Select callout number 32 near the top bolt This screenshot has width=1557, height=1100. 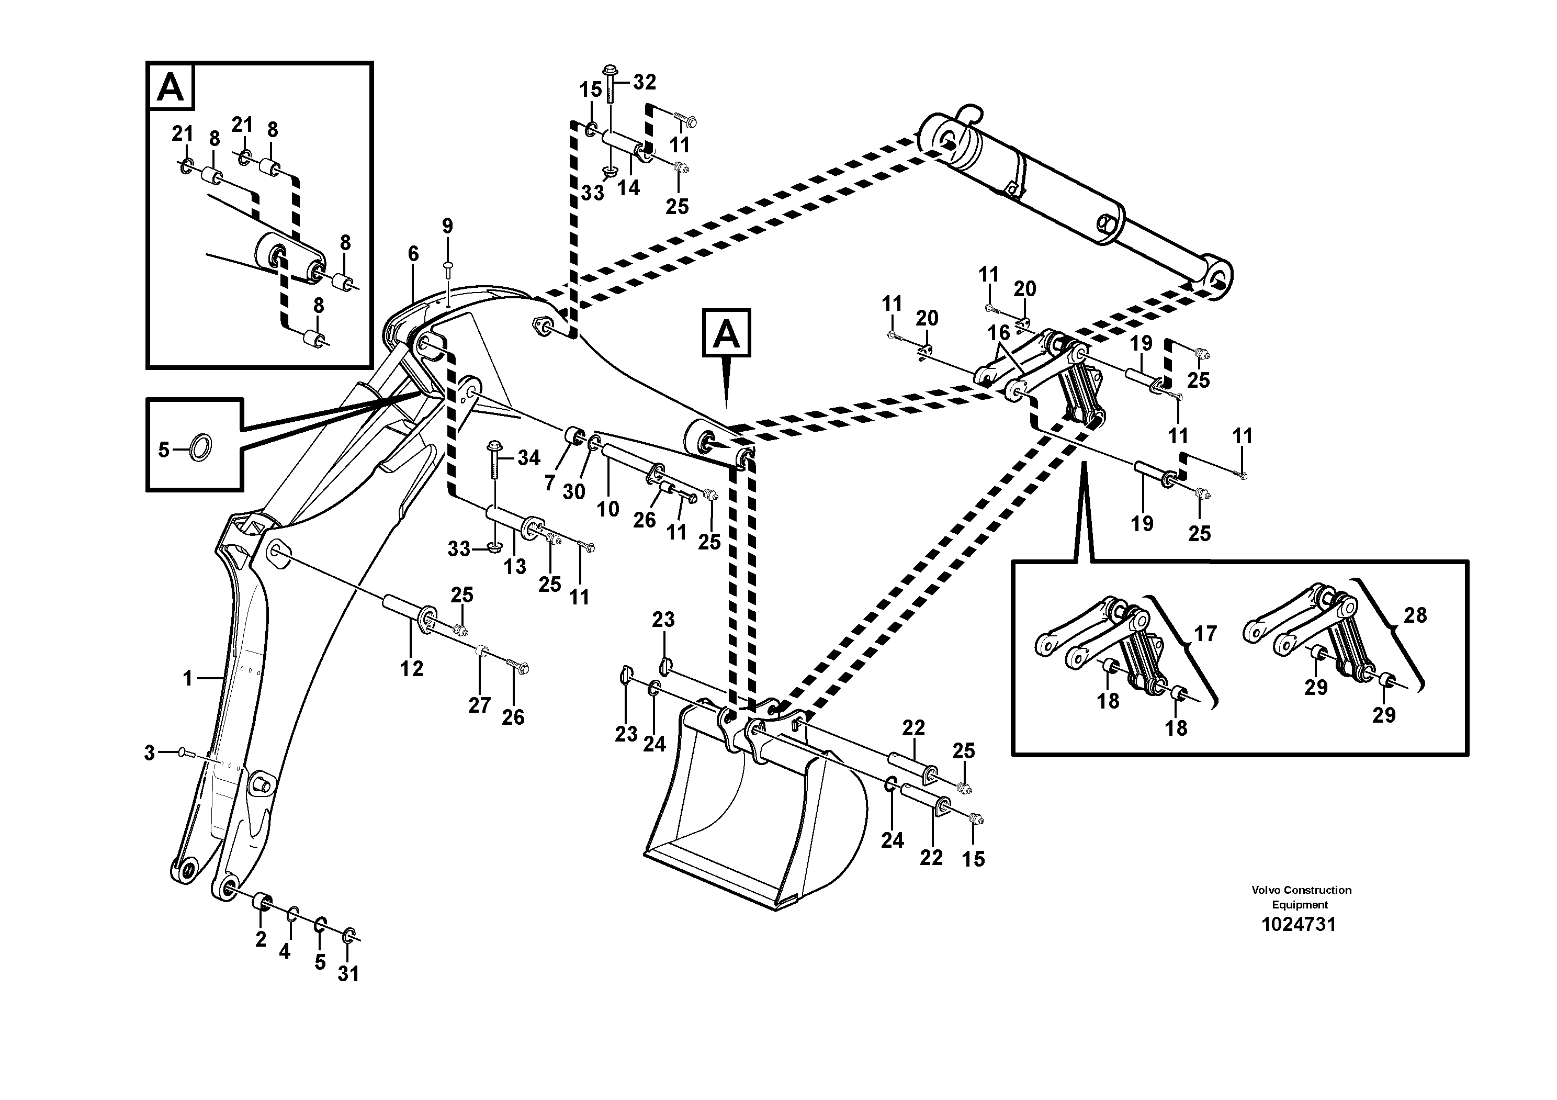[644, 82]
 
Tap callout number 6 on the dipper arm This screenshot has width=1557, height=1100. [413, 254]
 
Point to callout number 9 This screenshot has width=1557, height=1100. [447, 226]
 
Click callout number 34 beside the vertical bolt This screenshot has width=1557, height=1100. [528, 458]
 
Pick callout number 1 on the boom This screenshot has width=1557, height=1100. [188, 678]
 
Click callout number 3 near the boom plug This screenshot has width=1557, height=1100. [149, 753]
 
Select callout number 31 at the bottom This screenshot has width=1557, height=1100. [348, 974]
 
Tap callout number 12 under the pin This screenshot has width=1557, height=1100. [411, 669]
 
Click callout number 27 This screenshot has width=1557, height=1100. [479, 705]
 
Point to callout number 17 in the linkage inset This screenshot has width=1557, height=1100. [1204, 634]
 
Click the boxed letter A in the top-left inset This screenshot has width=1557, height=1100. [170, 87]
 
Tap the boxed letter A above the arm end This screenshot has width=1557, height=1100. [726, 333]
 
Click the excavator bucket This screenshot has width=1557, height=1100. [753, 821]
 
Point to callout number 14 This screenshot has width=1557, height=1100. [628, 188]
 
